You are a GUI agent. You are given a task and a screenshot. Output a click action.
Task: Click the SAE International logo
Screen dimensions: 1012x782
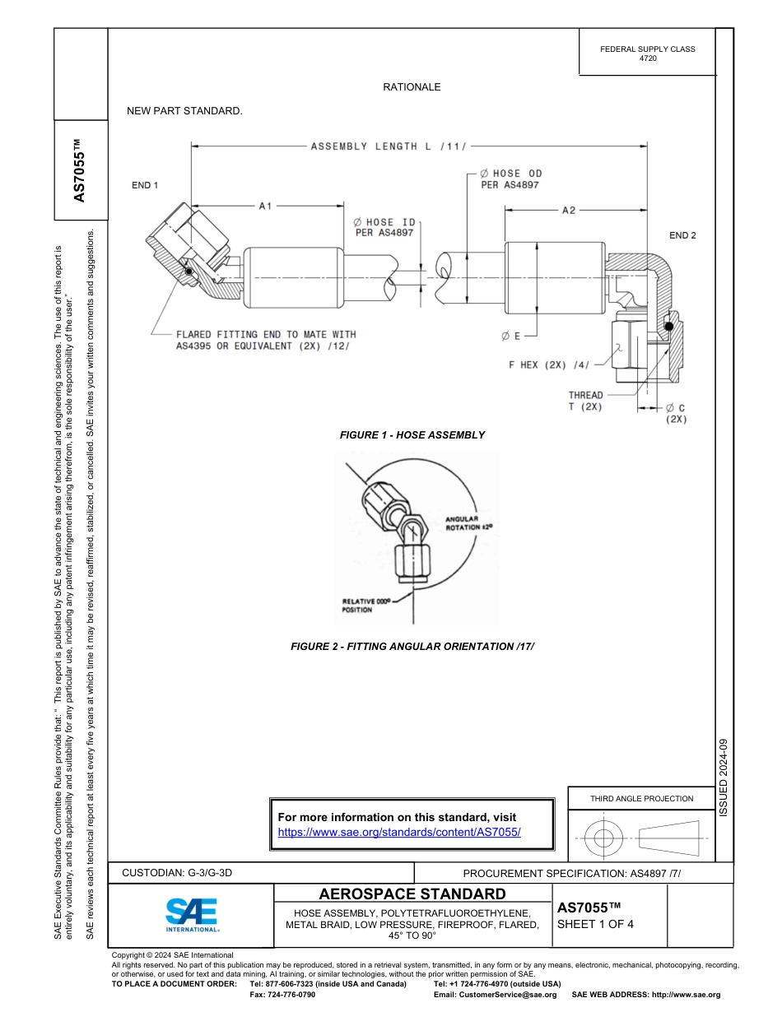[x=192, y=914]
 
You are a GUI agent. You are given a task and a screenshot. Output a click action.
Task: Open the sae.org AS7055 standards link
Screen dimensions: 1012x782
[x=399, y=832]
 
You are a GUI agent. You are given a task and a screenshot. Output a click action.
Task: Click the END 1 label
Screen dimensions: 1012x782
[x=145, y=185]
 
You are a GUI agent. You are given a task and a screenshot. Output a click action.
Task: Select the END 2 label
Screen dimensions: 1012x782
[x=682, y=235]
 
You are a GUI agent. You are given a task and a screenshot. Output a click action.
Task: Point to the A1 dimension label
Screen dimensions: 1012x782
[x=265, y=207]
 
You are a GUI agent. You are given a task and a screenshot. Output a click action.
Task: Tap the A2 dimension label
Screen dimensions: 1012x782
[x=569, y=211]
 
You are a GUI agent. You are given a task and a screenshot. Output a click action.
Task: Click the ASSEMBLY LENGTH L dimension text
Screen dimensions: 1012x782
[x=389, y=146]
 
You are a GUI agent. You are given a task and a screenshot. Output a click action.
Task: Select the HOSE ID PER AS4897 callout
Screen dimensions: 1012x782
[x=384, y=227]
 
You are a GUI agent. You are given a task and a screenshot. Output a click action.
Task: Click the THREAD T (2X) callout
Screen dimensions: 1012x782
[x=585, y=401]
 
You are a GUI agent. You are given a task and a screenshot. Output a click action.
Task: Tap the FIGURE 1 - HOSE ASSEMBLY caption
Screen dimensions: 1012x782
[x=412, y=434]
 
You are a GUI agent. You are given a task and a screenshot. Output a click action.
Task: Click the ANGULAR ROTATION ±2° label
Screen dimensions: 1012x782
[x=468, y=523]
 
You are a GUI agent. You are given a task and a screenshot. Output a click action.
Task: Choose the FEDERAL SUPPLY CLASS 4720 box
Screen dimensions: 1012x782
[x=647, y=53]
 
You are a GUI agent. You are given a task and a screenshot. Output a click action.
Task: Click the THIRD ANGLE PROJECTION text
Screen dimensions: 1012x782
[x=641, y=798]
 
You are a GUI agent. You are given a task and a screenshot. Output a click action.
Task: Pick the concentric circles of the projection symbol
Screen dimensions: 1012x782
[x=604, y=838]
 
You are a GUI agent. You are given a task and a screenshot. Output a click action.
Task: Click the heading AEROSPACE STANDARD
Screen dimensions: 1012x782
[x=412, y=894]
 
